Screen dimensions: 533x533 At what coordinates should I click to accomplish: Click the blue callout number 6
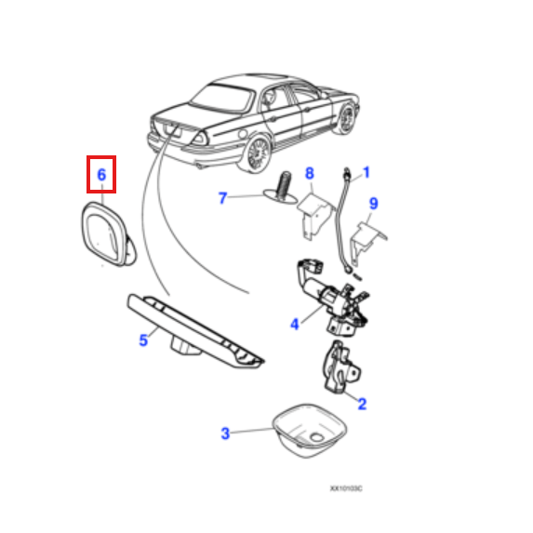click(x=101, y=175)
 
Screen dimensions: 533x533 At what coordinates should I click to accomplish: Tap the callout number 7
click(x=222, y=198)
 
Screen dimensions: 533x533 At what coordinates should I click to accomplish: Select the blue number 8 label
click(x=310, y=173)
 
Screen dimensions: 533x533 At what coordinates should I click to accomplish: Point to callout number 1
click(x=366, y=172)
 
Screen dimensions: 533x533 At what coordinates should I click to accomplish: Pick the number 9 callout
click(x=373, y=204)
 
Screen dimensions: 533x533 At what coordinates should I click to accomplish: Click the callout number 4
click(x=295, y=324)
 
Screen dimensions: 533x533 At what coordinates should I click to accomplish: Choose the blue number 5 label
click(x=143, y=340)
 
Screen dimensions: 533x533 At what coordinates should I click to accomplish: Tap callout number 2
click(x=363, y=404)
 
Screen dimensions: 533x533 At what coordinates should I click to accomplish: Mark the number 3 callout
click(x=225, y=433)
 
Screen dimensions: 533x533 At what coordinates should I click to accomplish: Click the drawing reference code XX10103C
click(x=346, y=488)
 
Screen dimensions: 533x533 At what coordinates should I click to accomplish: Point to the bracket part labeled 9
click(x=367, y=241)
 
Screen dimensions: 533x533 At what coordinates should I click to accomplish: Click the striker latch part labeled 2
click(x=340, y=367)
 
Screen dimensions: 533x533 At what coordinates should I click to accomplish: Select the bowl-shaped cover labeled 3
click(x=310, y=431)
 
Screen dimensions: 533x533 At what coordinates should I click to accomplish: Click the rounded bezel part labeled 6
click(x=108, y=234)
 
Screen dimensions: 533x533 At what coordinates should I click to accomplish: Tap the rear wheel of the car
click(x=258, y=153)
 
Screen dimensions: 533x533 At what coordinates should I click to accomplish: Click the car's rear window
click(x=222, y=98)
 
